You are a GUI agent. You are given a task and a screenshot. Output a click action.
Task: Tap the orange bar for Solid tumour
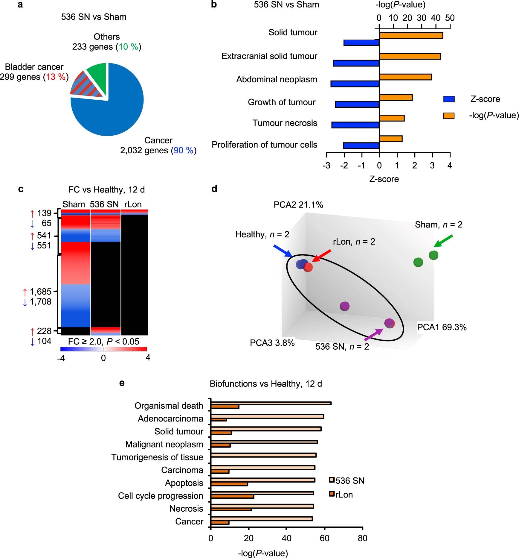411,36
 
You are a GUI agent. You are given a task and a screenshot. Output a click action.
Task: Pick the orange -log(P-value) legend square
448,116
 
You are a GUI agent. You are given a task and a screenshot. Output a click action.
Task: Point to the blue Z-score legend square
448,99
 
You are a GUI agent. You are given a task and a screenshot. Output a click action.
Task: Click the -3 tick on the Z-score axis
326,165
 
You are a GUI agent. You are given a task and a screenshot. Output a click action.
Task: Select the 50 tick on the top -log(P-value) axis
450,18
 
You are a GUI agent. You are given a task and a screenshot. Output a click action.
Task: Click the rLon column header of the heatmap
133,204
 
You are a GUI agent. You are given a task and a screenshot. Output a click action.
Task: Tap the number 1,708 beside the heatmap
41,302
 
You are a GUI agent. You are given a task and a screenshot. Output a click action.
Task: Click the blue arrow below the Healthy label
283,251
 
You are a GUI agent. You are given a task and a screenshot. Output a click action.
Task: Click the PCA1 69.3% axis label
442,327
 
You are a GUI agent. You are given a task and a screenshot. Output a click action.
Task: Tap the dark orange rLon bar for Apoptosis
229,484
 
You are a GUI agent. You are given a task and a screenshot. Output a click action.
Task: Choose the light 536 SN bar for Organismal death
271,403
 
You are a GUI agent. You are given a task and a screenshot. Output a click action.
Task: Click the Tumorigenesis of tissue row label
157,457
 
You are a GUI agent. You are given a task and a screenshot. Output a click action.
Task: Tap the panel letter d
214,189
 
